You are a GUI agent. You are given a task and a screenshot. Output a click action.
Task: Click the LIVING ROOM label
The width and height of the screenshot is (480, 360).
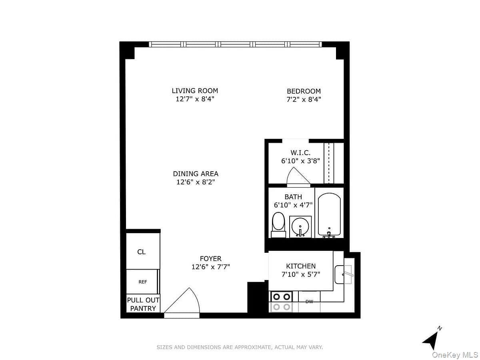pos(195,90)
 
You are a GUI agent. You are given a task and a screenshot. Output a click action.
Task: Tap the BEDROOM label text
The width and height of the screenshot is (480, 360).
pos(304,91)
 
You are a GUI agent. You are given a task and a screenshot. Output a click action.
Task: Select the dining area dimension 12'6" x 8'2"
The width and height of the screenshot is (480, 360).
pos(196,182)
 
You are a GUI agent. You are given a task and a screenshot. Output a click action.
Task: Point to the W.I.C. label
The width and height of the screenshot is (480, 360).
pos(300,152)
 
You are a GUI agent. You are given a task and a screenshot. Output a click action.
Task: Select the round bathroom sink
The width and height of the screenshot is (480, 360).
pos(300,227)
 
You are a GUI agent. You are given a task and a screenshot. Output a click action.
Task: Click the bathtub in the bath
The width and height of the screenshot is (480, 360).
pos(329,215)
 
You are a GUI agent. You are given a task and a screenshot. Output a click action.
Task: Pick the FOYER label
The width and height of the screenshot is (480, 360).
pos(210,258)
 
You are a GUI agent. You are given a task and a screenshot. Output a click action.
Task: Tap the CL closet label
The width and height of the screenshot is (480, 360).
pos(141,252)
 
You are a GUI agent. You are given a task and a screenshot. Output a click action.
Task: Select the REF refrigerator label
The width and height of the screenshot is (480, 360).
pos(142,282)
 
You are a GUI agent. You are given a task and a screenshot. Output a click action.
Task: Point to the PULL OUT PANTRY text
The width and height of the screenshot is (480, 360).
pos(143,304)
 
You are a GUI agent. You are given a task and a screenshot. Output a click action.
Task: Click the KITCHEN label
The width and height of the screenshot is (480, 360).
pos(301,266)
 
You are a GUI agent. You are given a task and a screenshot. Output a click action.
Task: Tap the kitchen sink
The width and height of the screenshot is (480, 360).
pos(343,274)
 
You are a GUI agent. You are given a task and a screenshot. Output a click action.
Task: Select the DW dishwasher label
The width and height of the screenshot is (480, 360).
pos(309,302)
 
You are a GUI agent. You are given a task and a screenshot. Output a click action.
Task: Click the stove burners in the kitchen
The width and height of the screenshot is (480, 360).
pos(282,302)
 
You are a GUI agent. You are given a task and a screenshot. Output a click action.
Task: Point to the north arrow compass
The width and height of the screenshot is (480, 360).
pos(431,340)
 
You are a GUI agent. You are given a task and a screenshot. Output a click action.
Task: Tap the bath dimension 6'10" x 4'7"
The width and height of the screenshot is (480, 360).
pos(293,205)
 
